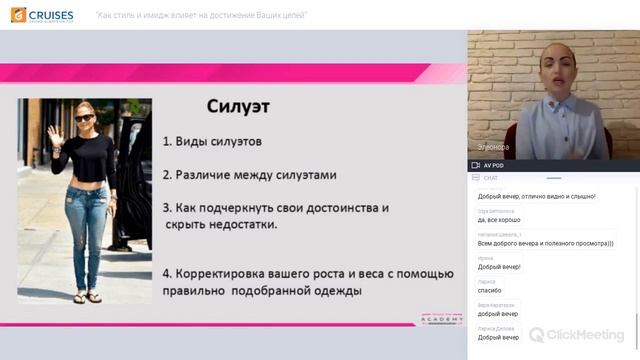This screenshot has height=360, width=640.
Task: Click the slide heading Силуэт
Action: pos(238,105)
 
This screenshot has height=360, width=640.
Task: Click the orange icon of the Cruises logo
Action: pos(20,15)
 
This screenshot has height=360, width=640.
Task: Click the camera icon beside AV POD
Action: pos(476,165)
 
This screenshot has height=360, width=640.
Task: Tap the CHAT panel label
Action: pos(491,177)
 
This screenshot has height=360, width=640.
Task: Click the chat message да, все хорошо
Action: pos(499,219)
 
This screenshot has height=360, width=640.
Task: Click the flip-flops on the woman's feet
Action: pos(85,297)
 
